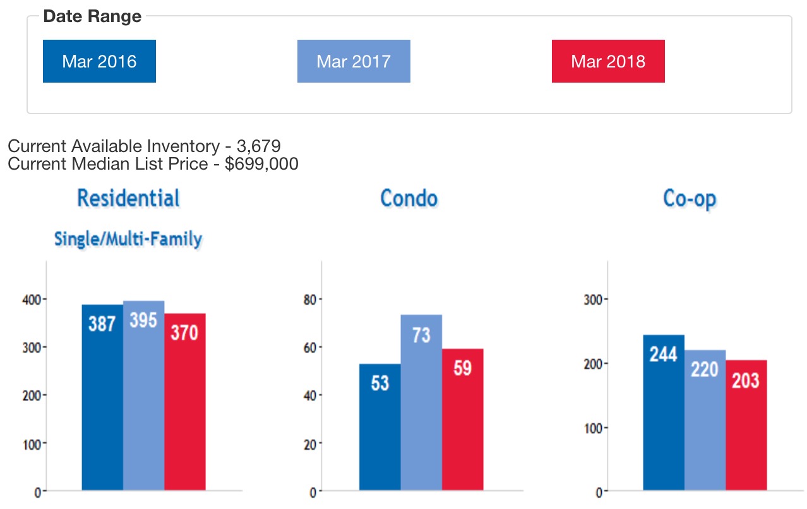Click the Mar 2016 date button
99,61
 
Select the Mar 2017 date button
354,61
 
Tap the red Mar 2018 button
608,61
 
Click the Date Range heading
92,16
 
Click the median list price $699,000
261,164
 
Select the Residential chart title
128,198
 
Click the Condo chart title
409,198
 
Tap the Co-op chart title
690,198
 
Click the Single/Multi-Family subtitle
128,239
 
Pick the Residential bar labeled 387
102,397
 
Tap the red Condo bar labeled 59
462,419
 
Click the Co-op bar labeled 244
664,412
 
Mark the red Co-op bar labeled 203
746,425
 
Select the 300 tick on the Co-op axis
592,299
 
